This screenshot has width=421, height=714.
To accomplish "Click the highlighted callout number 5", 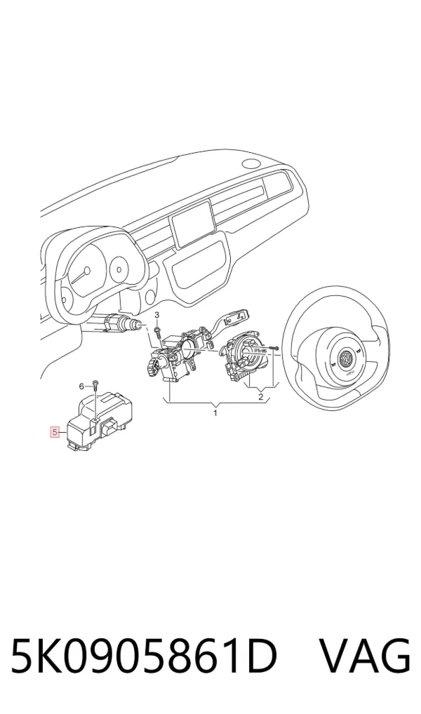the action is tap(55, 432).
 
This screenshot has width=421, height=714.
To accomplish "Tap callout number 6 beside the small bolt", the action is tap(82, 386).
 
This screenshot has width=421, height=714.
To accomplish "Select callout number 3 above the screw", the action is tap(157, 315).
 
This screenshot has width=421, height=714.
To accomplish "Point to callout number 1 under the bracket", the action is tap(215, 413).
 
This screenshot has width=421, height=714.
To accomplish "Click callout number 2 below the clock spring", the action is tap(260, 397).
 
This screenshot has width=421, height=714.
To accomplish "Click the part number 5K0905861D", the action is tap(144, 656).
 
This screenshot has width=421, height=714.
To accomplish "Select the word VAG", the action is tap(364, 656).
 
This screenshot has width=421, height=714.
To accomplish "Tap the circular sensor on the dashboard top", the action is tap(251, 163).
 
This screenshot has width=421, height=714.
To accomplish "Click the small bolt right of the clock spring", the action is tap(274, 349).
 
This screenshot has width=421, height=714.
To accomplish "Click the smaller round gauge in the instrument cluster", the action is tap(119, 269).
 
